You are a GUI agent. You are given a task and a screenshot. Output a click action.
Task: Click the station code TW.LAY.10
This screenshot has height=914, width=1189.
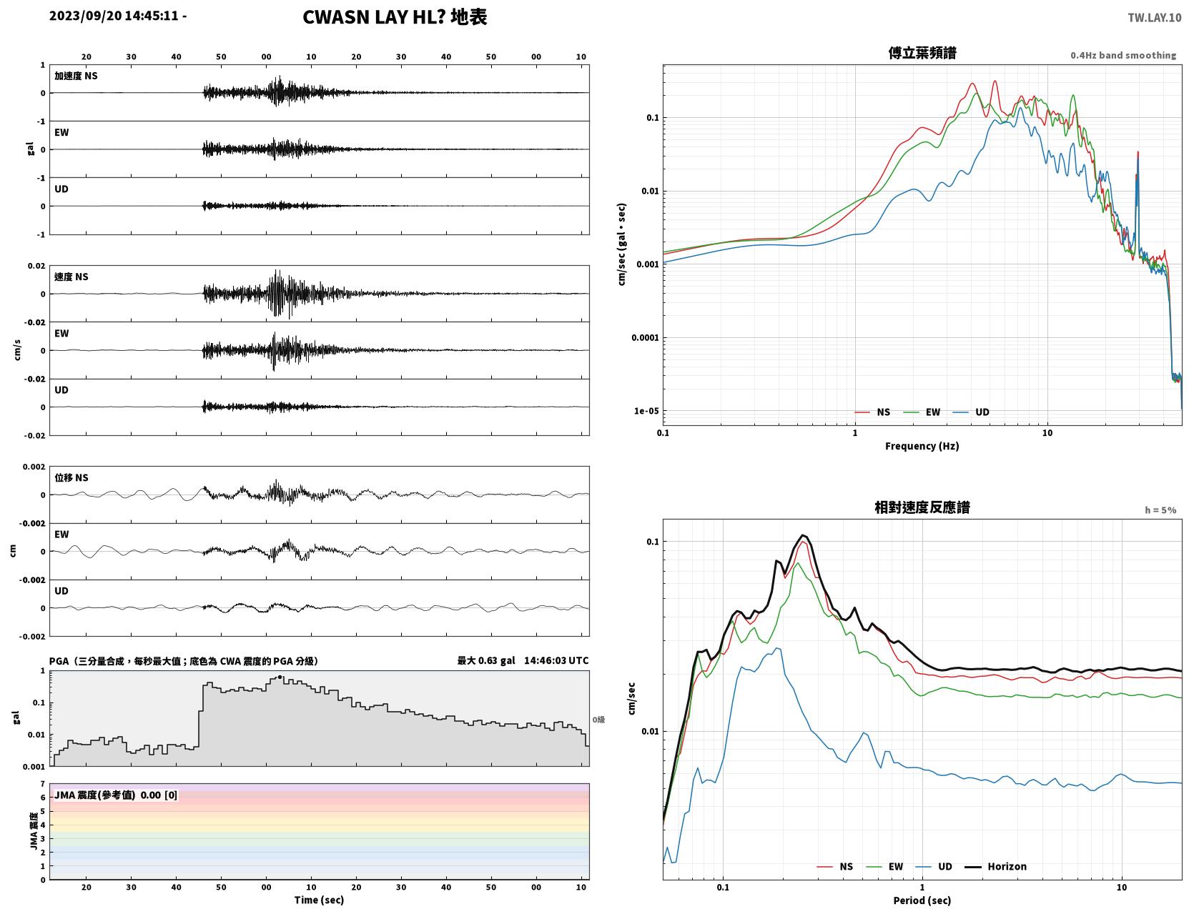(x=1155, y=17)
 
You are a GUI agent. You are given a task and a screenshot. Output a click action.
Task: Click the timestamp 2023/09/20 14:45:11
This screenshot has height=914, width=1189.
(x=114, y=15)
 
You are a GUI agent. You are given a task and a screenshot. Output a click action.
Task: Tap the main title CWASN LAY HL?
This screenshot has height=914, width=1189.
(x=374, y=17)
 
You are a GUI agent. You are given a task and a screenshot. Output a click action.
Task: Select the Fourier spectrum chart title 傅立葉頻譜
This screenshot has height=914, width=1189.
(x=922, y=53)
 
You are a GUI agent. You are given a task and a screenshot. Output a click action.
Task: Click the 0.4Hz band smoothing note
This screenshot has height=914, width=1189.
(x=1123, y=55)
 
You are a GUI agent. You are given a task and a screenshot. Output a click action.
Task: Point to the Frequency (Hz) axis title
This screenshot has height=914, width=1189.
(x=922, y=446)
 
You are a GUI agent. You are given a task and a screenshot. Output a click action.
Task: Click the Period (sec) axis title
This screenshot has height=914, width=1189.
(x=922, y=900)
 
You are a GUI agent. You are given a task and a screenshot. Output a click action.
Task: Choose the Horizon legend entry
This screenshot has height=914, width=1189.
(x=995, y=866)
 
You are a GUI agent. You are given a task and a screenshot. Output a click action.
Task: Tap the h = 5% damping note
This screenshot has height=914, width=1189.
(x=1160, y=510)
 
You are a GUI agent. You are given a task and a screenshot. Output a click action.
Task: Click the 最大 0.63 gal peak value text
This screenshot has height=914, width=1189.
(x=486, y=660)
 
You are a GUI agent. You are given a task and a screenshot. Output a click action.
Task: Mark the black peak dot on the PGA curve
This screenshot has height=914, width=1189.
(x=280, y=677)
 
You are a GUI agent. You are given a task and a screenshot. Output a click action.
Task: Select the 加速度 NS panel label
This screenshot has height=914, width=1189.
(x=76, y=76)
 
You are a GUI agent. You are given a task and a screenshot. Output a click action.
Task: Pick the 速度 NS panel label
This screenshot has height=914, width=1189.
(x=71, y=277)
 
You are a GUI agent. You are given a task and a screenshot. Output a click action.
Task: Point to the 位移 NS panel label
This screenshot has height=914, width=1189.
(x=71, y=477)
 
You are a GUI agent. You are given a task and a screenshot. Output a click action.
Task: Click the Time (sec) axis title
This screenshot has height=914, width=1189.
(x=319, y=900)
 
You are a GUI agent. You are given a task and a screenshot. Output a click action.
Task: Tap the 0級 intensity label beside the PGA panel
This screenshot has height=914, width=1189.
(x=598, y=720)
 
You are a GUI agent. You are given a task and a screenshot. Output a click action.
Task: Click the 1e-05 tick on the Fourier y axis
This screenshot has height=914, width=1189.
(x=646, y=411)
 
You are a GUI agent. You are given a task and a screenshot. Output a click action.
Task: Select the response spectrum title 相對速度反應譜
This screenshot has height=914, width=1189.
(x=922, y=507)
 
